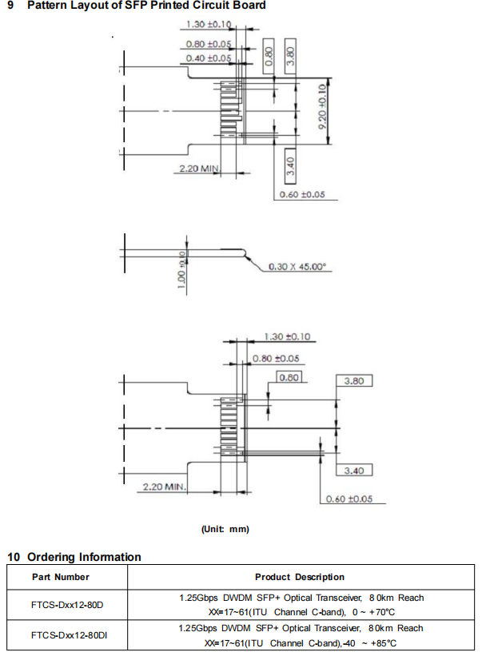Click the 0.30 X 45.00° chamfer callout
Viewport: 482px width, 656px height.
click(298, 266)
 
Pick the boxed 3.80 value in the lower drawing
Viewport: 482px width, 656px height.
click(354, 381)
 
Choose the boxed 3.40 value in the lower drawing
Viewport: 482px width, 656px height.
click(354, 469)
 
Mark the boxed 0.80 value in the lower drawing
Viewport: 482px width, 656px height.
click(289, 376)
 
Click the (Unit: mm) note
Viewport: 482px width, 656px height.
click(225, 529)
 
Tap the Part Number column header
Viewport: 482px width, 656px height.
click(61, 577)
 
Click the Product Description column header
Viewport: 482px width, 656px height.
click(300, 577)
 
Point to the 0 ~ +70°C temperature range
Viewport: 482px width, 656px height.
click(375, 612)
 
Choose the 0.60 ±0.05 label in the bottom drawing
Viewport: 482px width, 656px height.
click(350, 499)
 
